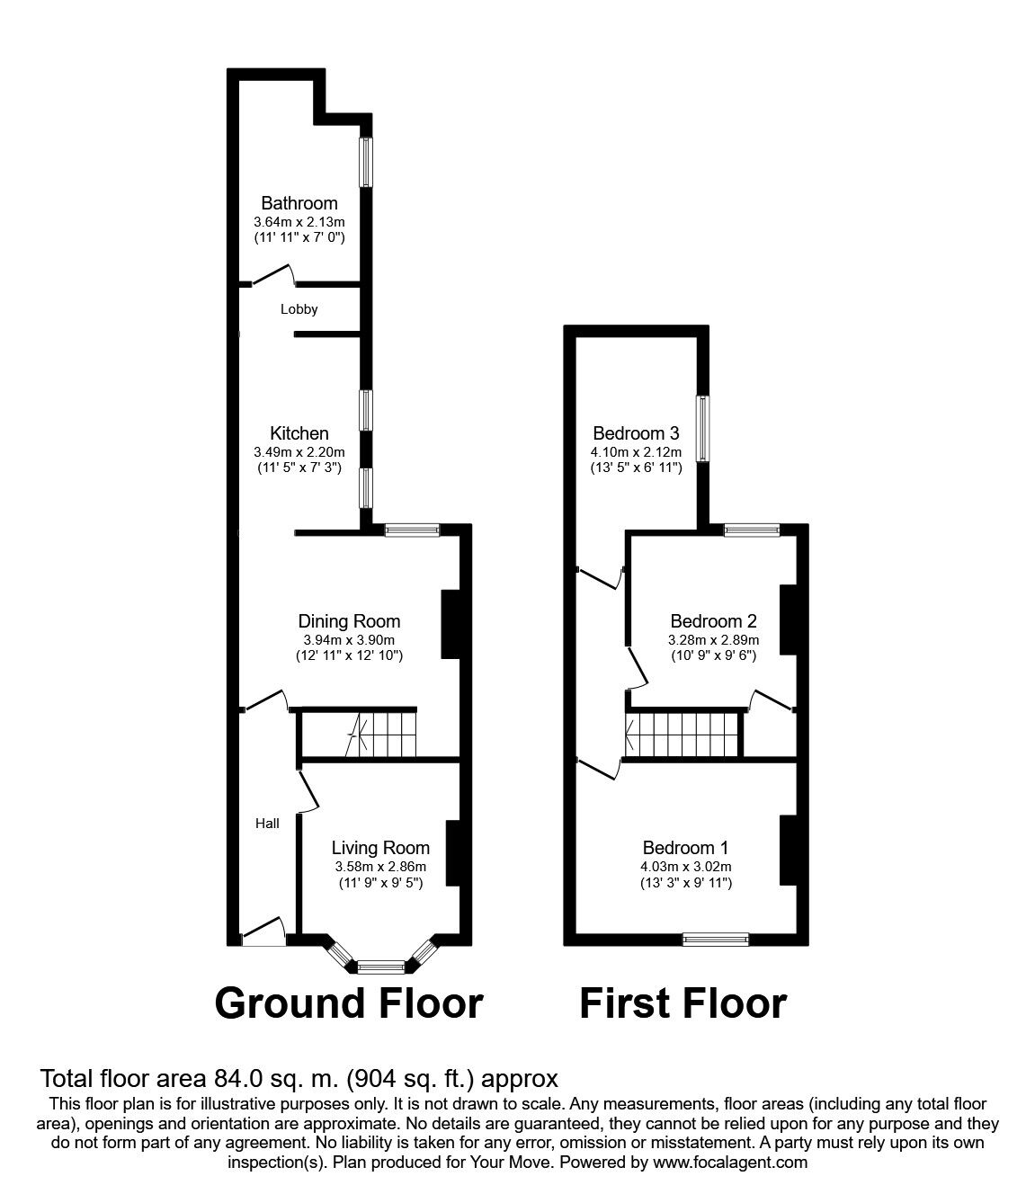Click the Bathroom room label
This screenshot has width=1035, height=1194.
pos(299,203)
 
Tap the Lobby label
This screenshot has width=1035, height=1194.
pos(299,309)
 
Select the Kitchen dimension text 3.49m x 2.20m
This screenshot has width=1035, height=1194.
pos(299,450)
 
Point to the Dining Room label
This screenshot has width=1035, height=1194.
pos(349,621)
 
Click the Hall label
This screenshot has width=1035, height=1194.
pos(267,823)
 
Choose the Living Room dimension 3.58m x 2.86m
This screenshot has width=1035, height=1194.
pos(379,867)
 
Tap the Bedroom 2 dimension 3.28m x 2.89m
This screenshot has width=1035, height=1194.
pos(713,640)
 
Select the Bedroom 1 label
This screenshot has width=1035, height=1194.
pos(685,848)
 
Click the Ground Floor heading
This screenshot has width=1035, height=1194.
pos(349,1002)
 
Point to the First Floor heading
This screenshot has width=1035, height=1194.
pos(683,1002)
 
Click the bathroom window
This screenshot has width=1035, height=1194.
pos(366,162)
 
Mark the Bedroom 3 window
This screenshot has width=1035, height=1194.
pos(703,428)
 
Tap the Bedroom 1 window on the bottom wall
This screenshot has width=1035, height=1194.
pos(716,940)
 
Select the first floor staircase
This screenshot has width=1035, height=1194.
pos(683,734)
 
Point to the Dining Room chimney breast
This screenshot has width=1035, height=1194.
pos(450,624)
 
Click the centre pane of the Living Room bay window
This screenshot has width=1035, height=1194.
pos(381,967)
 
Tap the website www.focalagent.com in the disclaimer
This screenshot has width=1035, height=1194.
pos(730,1163)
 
